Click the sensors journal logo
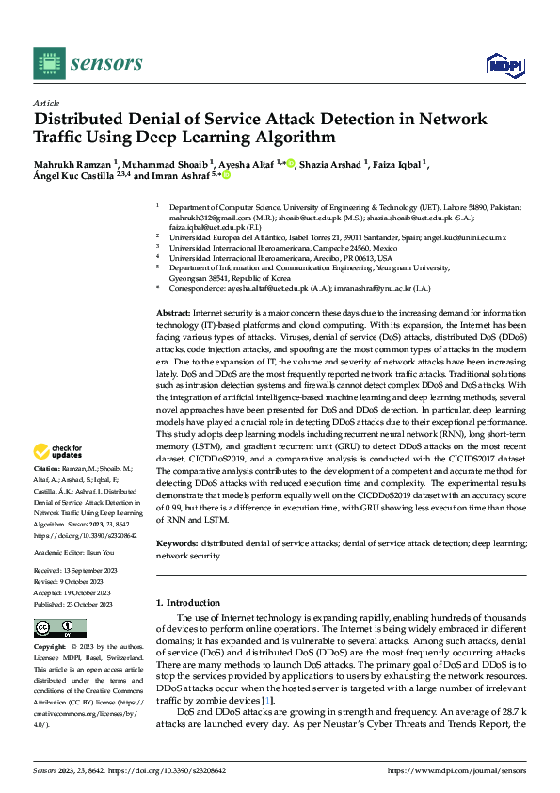click(x=88, y=62)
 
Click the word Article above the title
click(x=46, y=103)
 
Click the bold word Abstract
click(x=172, y=311)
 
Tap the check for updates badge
click(x=60, y=452)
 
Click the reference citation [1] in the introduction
click(x=270, y=702)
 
